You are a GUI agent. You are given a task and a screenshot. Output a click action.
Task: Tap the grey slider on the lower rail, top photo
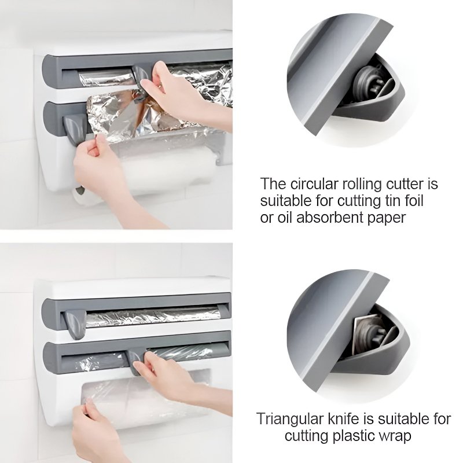[73, 124]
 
